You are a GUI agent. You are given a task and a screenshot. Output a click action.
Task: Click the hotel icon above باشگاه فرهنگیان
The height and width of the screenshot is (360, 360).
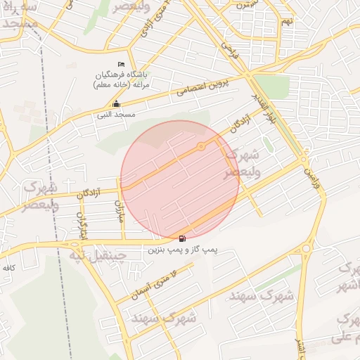coord(120,65)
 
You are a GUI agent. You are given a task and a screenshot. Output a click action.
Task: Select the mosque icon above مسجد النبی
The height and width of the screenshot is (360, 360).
coord(116,104)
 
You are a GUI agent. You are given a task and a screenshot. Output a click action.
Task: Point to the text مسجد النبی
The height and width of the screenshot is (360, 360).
coord(117,114)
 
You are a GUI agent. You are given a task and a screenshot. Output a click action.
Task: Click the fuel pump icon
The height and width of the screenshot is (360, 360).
coord(183,239)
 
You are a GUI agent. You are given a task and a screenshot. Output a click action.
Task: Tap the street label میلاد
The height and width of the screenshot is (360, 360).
coord(120,210)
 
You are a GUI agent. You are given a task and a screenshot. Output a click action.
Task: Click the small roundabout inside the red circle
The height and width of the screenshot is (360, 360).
coord(201,146)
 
